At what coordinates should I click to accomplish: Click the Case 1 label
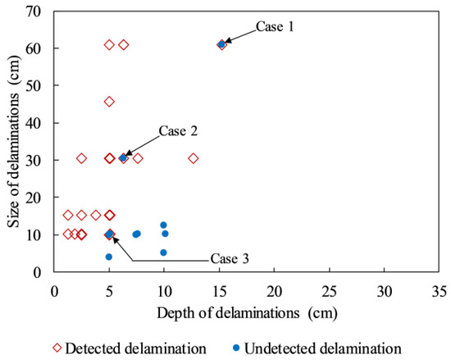point(275,26)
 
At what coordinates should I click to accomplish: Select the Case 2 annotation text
point(177,130)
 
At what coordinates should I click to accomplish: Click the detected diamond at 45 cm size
point(109,102)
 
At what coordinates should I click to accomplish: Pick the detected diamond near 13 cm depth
point(194,158)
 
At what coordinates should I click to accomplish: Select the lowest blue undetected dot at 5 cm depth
point(108,257)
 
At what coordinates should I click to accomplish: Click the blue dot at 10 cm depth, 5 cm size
point(163,253)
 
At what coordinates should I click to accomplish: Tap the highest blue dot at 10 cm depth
point(163,225)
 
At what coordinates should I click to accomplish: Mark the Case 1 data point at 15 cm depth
point(221,44)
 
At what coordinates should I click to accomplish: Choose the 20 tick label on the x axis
point(273,289)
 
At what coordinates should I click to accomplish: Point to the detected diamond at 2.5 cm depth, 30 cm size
point(81,158)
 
